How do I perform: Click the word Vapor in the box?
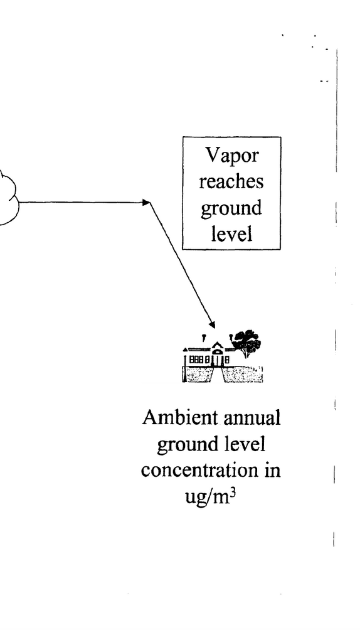point(231,156)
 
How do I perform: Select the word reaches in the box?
point(231,181)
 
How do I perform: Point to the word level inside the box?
point(232,233)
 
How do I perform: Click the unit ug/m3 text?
point(210,497)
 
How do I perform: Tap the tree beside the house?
point(246,343)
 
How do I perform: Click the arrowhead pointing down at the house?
point(212,324)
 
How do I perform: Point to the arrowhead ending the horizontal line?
point(147,202)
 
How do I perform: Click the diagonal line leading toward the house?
point(182,264)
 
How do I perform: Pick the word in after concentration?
point(272,471)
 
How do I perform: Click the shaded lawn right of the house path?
point(243,374)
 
